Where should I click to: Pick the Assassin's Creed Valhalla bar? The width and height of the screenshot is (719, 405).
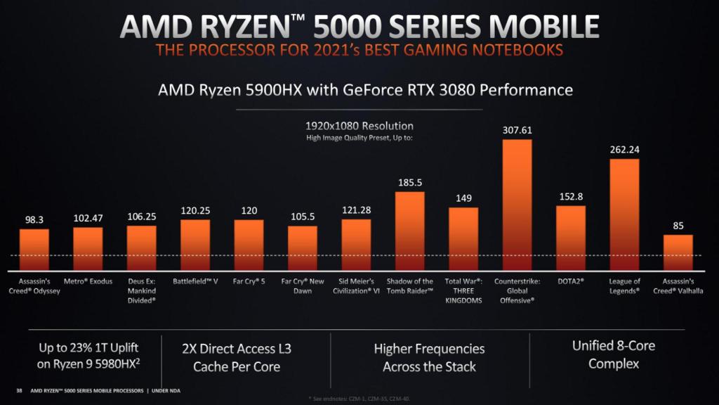pyautogui.click(x=678, y=253)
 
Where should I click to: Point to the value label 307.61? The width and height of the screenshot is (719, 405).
pyautogui.click(x=517, y=130)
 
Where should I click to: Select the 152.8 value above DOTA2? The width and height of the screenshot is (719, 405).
pyautogui.click(x=570, y=196)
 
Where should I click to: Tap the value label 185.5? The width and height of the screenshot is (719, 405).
pyautogui.click(x=409, y=182)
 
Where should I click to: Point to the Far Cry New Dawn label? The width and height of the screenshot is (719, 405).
pyautogui.click(x=302, y=286)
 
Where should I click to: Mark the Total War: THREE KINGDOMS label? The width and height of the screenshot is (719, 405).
pyautogui.click(x=463, y=290)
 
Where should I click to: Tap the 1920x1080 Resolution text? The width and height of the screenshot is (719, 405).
pyautogui.click(x=359, y=126)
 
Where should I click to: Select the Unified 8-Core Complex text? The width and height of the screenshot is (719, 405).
pyautogui.click(x=605, y=354)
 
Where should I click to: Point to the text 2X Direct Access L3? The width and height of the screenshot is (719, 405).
pyautogui.click(x=237, y=349)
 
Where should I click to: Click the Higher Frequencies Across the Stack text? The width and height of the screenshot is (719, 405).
pyautogui.click(x=429, y=357)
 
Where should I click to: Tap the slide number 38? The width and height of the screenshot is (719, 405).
pyautogui.click(x=18, y=390)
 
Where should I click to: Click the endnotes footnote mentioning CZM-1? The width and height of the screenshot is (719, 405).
pyautogui.click(x=359, y=399)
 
